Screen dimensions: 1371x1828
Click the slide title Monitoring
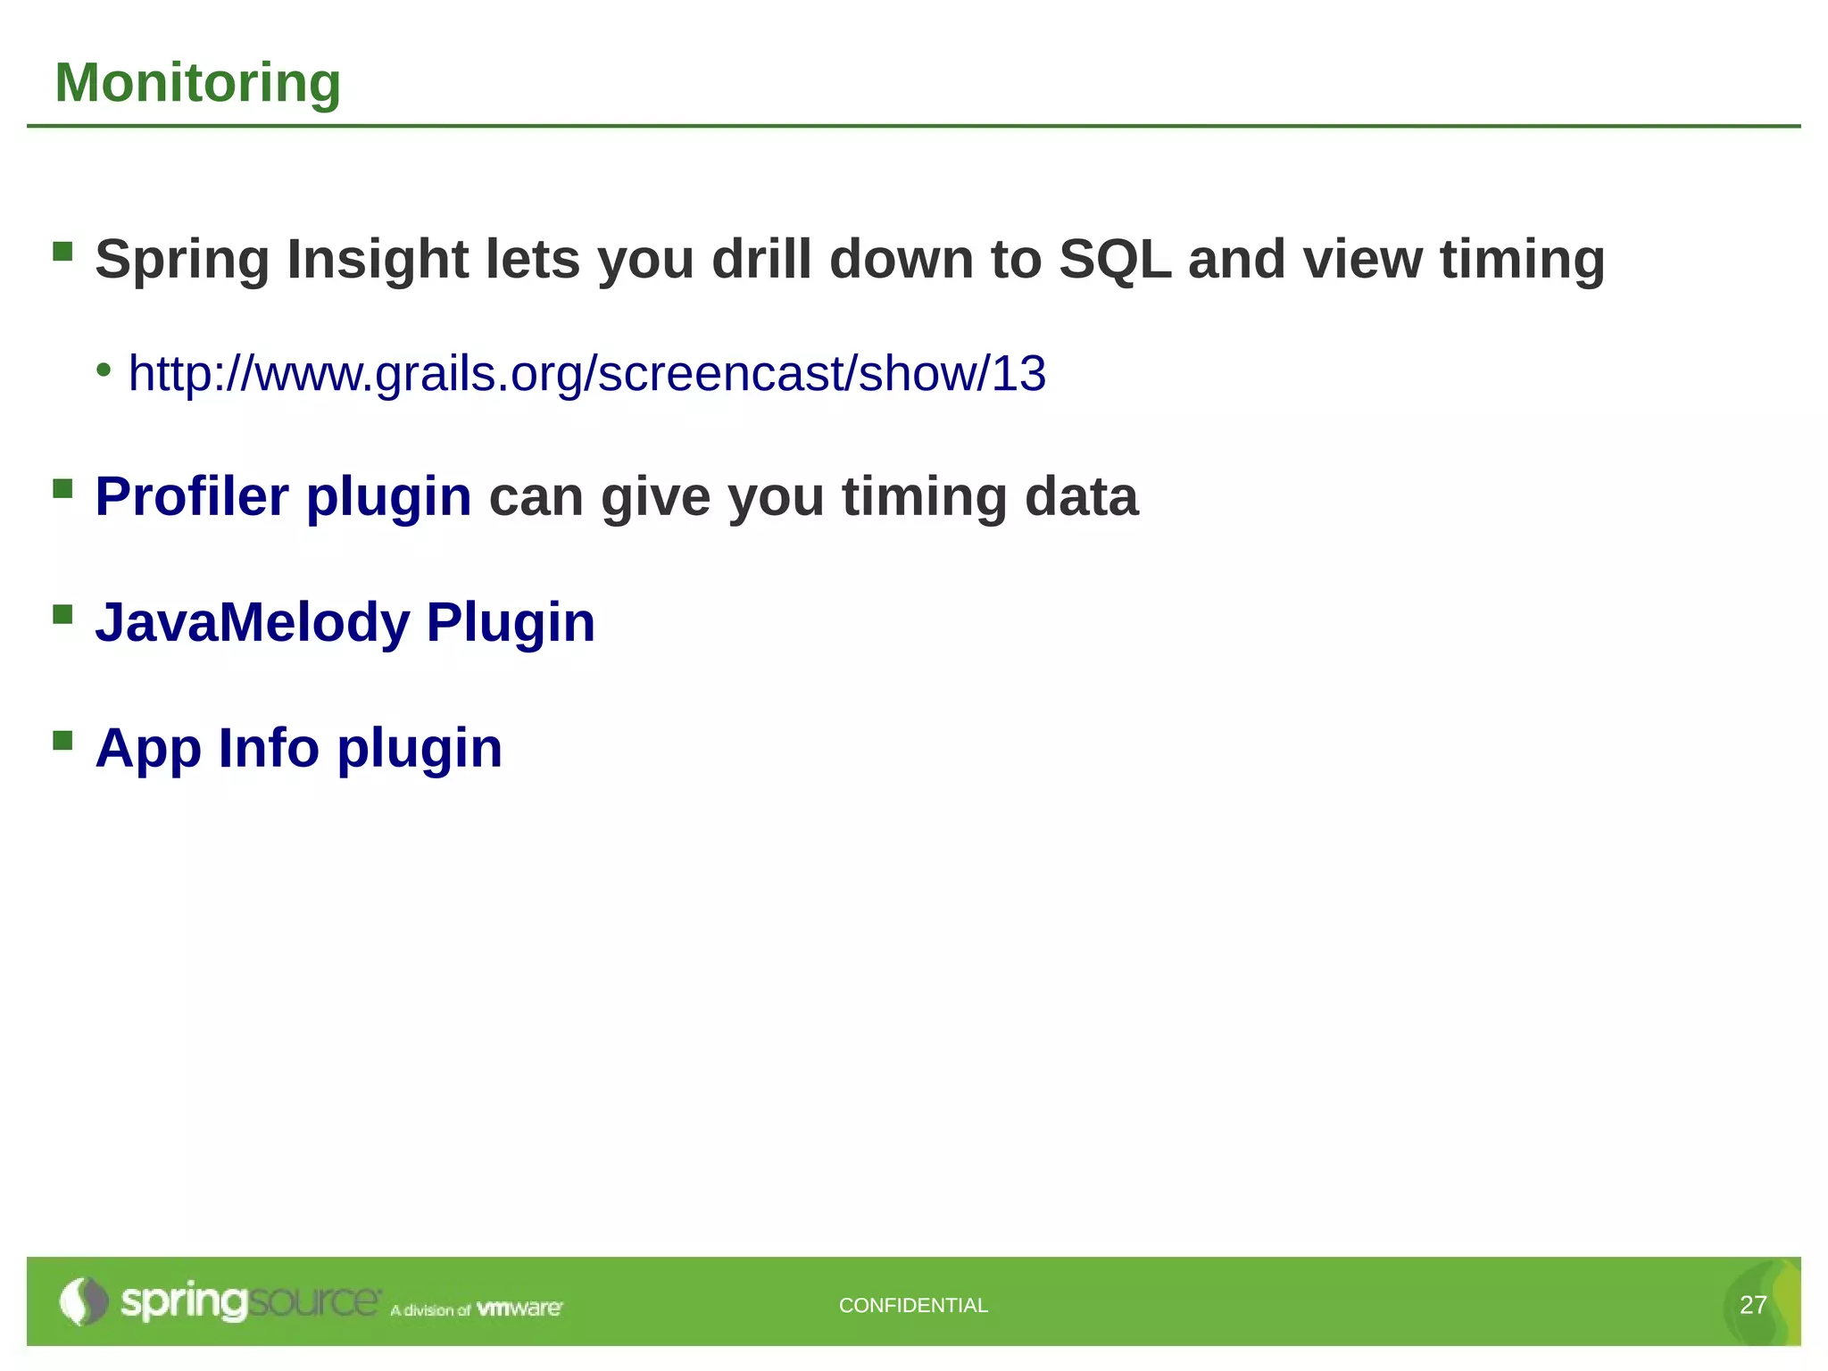click(x=197, y=83)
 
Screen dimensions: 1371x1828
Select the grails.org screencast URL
click(x=586, y=373)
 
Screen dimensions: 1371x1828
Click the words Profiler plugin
click(x=283, y=496)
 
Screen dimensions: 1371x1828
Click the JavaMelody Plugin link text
click(x=345, y=622)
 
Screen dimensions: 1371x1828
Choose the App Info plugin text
click(x=298, y=748)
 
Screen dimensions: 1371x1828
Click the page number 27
click(x=1753, y=1305)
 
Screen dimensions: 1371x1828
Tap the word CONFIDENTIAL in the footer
click(x=913, y=1305)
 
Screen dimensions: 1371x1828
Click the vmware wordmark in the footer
click(x=519, y=1309)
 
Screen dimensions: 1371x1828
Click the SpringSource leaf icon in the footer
click(x=82, y=1301)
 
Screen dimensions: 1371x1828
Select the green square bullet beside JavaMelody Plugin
click(x=62, y=614)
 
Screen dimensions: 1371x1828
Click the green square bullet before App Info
click(x=62, y=740)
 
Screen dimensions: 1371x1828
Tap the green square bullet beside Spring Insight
click(x=62, y=251)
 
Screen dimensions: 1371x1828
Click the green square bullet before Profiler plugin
click(x=62, y=488)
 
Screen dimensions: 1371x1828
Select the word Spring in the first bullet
click(x=182, y=260)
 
